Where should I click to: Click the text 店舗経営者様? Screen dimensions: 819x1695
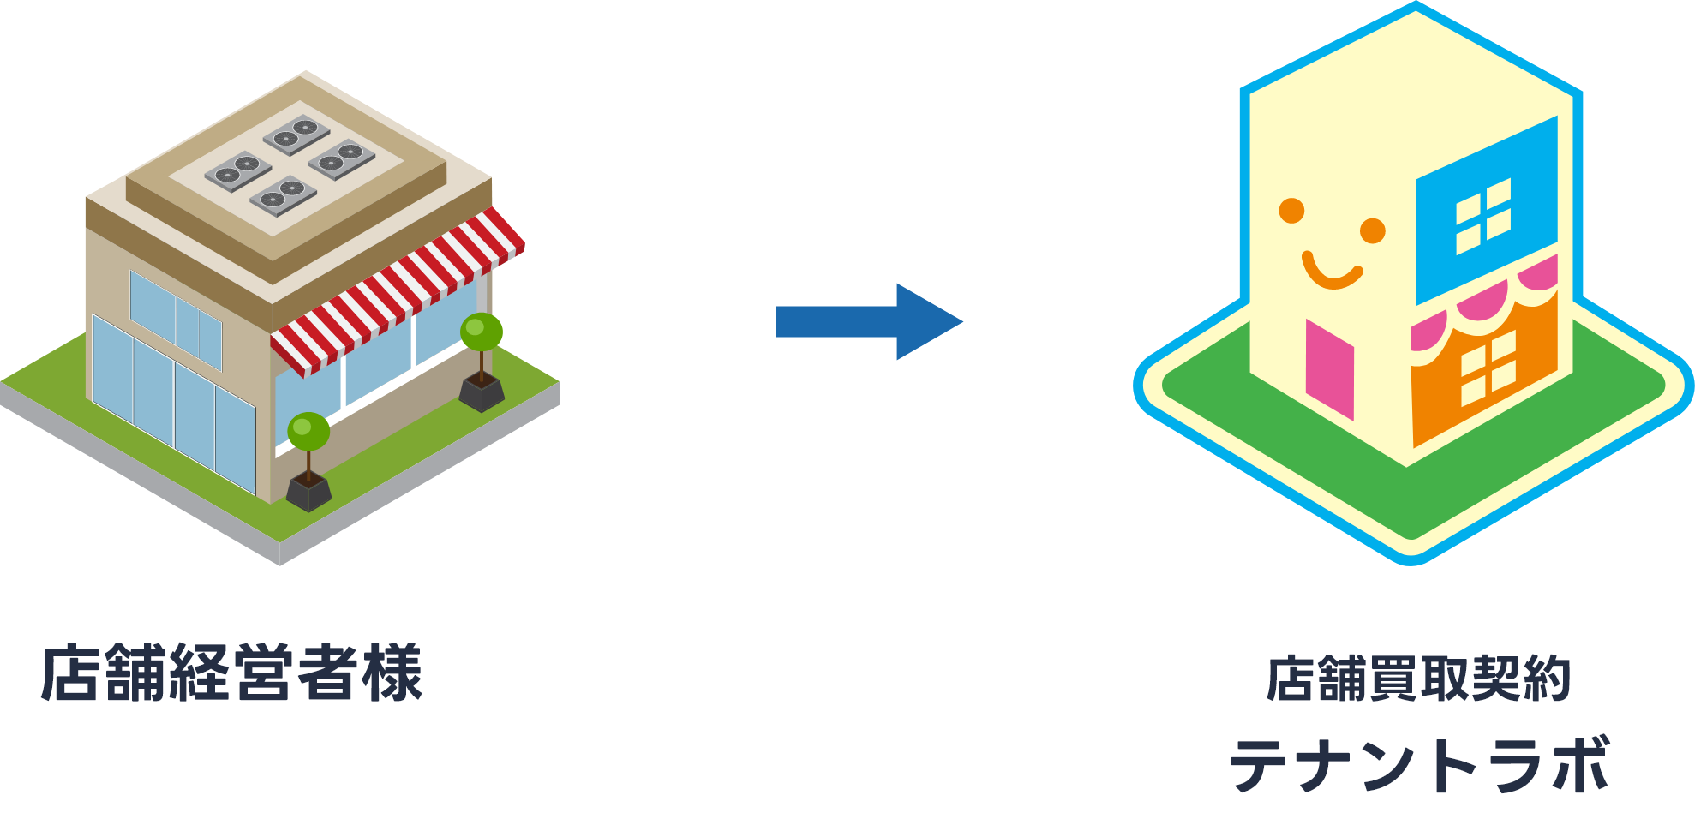click(x=232, y=673)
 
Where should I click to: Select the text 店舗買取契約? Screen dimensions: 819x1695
click(x=1418, y=679)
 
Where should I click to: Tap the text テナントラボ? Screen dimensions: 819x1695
click(x=1420, y=766)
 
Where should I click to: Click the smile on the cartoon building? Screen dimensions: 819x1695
click(x=1331, y=272)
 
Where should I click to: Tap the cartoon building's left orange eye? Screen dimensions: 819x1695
click(x=1291, y=210)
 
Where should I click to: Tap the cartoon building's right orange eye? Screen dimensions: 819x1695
click(x=1373, y=230)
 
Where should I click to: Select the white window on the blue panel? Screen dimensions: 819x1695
click(x=1483, y=217)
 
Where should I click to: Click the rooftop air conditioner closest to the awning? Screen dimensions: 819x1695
click(x=341, y=158)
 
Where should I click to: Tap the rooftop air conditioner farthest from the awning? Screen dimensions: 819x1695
click(x=237, y=171)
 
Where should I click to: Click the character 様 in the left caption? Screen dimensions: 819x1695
click(x=392, y=673)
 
